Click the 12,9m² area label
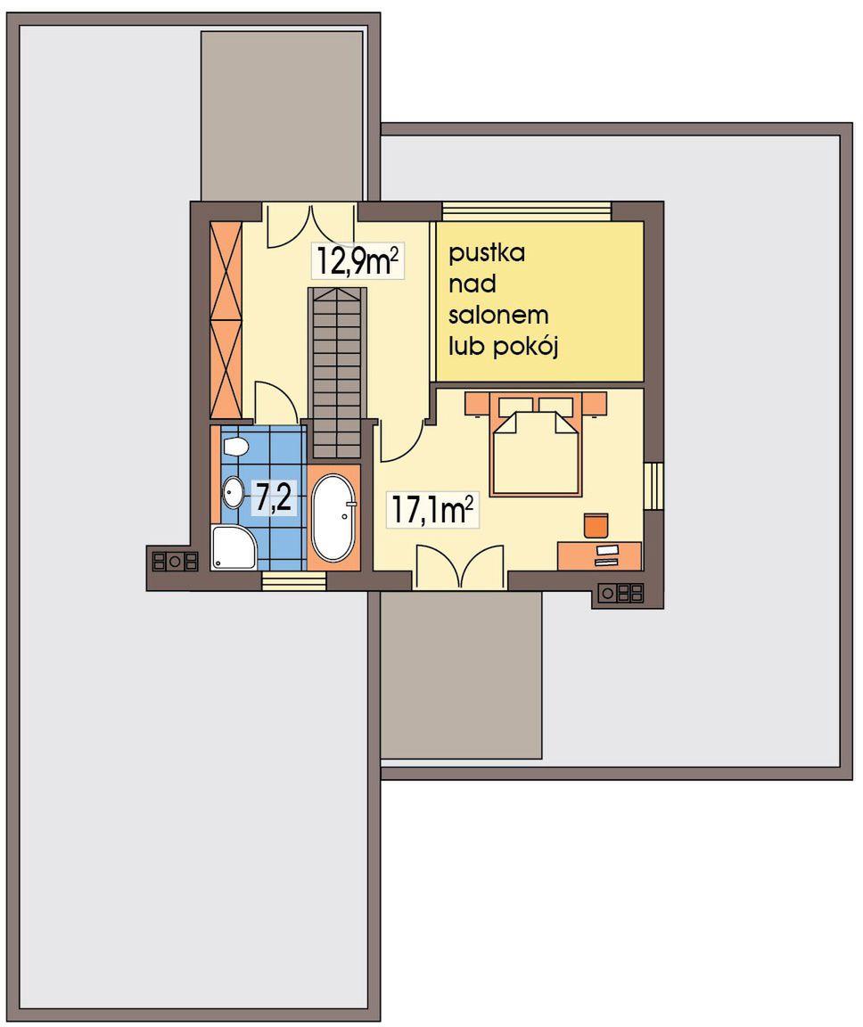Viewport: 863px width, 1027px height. click(358, 260)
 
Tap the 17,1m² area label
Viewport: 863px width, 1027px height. click(432, 509)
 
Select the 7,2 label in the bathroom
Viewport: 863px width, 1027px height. click(273, 497)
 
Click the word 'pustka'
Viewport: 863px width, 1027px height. click(487, 253)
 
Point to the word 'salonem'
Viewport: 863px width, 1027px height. click(498, 315)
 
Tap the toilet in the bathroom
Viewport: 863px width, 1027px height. click(234, 447)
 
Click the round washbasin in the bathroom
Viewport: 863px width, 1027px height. click(233, 492)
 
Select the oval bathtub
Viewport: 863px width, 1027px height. click(334, 517)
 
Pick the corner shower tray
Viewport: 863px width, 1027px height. click(233, 546)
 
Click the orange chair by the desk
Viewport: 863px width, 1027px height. click(596, 525)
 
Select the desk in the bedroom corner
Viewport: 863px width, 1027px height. click(599, 555)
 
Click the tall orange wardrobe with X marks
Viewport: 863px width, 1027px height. click(226, 320)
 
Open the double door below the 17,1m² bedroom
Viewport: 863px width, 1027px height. click(460, 567)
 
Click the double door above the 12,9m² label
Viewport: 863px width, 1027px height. click(311, 225)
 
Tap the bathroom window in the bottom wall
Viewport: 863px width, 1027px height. click(294, 580)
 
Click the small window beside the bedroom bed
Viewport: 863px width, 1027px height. click(653, 485)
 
